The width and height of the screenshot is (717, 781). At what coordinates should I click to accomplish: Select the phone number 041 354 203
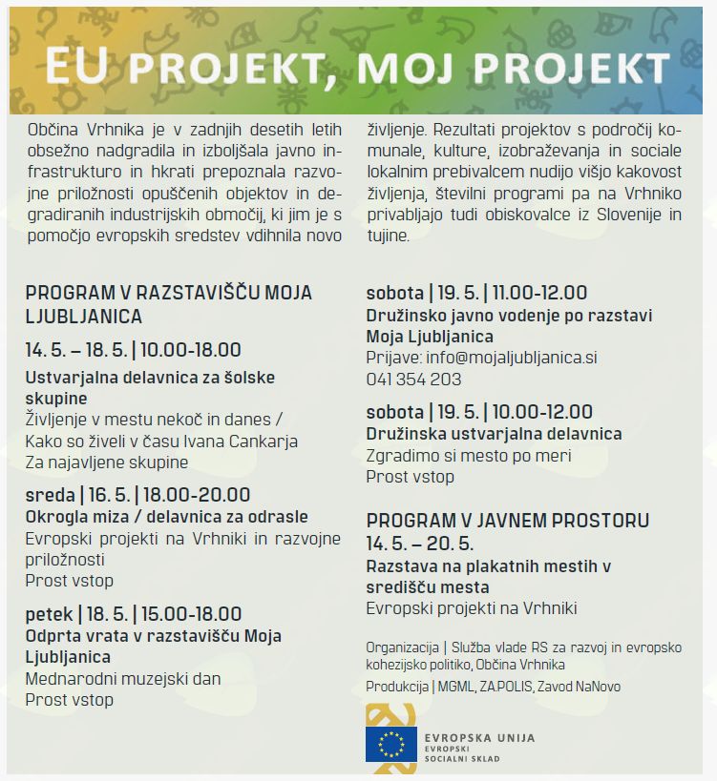pos(413,379)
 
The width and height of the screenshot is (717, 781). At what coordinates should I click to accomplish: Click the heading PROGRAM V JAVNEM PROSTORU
pos(507,521)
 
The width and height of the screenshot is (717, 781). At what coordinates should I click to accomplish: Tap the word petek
pos(49,613)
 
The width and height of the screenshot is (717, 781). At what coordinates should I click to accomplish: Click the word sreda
pos(50,495)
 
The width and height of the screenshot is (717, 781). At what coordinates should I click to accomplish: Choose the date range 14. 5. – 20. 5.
pos(420,544)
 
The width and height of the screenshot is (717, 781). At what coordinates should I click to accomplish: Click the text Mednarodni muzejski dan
pos(122,679)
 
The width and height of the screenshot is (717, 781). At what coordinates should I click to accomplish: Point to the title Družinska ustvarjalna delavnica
pos(494,434)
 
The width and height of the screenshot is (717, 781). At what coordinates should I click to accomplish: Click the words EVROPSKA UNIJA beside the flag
pos(481,738)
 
